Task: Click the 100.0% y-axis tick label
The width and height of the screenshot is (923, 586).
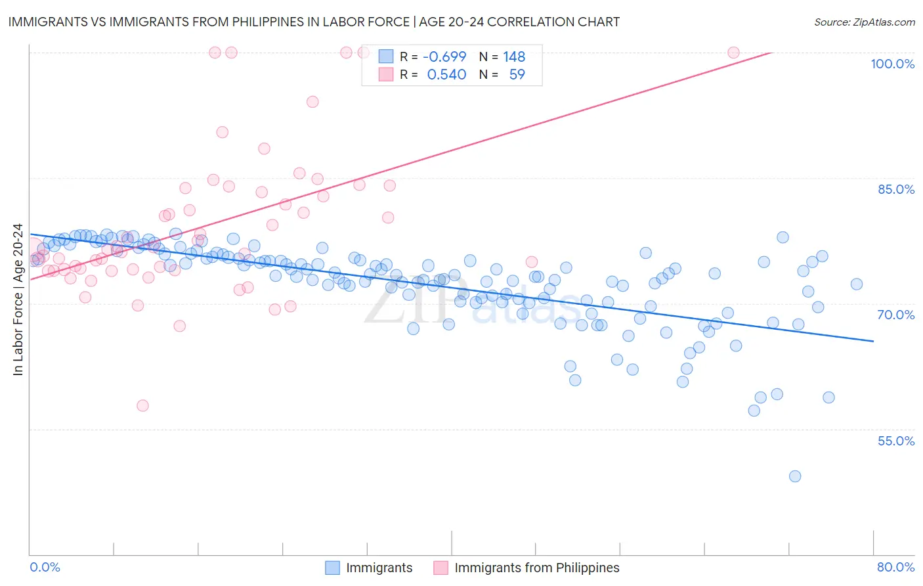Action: pyautogui.click(x=892, y=64)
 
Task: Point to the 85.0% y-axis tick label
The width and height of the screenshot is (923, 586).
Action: pyautogui.click(x=895, y=189)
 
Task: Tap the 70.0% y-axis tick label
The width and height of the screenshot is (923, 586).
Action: pyautogui.click(x=895, y=315)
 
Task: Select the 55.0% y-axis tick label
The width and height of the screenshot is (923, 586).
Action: pyautogui.click(x=895, y=441)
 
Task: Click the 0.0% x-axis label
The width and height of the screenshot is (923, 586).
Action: pyautogui.click(x=45, y=567)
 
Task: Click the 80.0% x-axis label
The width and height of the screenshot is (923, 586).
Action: pyautogui.click(x=895, y=567)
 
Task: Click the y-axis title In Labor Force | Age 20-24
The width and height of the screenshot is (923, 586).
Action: pyautogui.click(x=18, y=300)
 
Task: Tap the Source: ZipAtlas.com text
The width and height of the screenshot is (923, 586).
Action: pyautogui.click(x=864, y=22)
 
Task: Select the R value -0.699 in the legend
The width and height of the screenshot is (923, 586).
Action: pyautogui.click(x=444, y=56)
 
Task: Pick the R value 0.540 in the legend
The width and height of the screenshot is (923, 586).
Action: pyautogui.click(x=446, y=74)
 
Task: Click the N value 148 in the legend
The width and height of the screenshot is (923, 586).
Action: pyautogui.click(x=514, y=56)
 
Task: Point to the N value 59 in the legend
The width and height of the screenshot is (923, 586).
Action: pyautogui.click(x=517, y=74)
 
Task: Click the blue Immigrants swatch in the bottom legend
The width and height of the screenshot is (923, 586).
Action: pyautogui.click(x=333, y=568)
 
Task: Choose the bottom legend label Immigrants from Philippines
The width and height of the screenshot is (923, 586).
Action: pyautogui.click(x=536, y=568)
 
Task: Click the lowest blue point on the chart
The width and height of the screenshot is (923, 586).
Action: pyautogui.click(x=795, y=476)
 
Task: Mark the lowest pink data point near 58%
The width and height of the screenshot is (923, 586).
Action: pyautogui.click(x=142, y=406)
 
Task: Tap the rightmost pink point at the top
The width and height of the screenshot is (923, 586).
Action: pyautogui.click(x=733, y=53)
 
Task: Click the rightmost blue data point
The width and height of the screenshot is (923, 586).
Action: pyautogui.click(x=857, y=284)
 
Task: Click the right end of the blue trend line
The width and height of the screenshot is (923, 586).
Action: pyautogui.click(x=873, y=341)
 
